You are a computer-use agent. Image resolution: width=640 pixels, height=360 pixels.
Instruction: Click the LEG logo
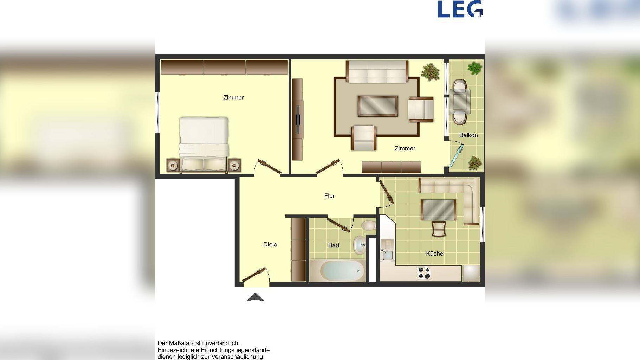[460, 9]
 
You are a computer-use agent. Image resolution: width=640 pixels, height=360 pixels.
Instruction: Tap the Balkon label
[468, 135]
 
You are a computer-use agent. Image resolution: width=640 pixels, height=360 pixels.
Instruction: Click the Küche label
[434, 253]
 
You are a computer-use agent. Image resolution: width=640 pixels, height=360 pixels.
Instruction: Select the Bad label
[334, 245]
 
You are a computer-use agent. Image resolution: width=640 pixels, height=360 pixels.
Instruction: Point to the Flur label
[329, 196]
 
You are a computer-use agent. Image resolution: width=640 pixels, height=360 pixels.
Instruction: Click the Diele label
[270, 244]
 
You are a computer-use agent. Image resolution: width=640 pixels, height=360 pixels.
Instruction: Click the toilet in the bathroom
[369, 225]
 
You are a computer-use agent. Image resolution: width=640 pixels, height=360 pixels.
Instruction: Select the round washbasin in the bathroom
[359, 244]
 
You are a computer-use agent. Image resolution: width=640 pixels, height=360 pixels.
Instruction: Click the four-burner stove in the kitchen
[424, 273]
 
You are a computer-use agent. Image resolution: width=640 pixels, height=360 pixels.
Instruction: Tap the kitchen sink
[388, 250]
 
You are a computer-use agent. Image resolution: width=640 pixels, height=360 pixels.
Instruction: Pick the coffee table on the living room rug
[378, 106]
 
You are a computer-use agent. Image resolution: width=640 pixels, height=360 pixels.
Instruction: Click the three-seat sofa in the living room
[377, 72]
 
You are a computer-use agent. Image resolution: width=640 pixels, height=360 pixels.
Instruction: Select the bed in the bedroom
[204, 145]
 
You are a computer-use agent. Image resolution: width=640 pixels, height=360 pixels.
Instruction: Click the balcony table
[460, 102]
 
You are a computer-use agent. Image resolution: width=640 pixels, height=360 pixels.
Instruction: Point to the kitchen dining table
[438, 210]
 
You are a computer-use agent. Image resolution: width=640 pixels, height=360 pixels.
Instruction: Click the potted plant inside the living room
[430, 71]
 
